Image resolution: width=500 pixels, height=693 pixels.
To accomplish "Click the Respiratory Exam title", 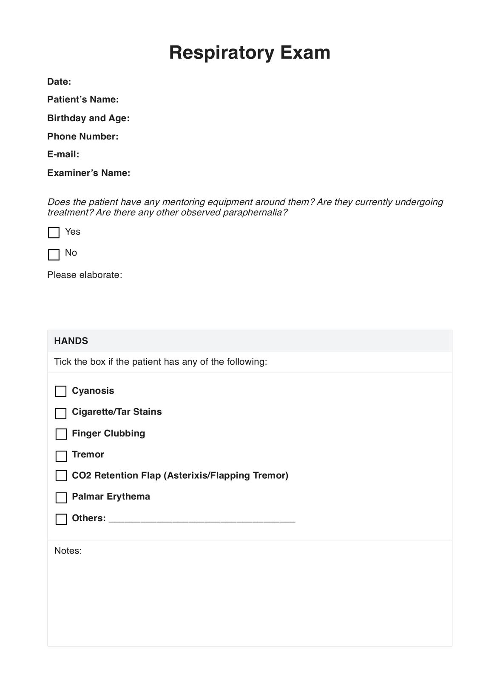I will click(250, 53).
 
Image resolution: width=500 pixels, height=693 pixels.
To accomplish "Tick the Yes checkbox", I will click(54, 233).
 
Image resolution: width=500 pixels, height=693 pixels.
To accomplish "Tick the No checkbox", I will click(54, 255).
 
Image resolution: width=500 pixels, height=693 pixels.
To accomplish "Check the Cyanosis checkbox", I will click(61, 391).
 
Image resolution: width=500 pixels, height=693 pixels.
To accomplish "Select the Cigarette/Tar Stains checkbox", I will click(61, 413).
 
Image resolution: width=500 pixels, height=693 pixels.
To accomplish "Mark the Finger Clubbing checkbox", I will click(61, 434).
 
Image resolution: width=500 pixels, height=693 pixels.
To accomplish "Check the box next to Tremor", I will click(61, 456).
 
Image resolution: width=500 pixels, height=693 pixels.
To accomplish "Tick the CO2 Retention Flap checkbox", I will click(61, 476).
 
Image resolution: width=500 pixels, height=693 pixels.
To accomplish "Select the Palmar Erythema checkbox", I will click(61, 497).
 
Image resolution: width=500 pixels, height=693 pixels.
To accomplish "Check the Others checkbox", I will click(61, 519).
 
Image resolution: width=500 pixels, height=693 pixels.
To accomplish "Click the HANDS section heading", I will click(71, 341).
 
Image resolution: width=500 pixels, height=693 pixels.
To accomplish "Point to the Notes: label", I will click(68, 551).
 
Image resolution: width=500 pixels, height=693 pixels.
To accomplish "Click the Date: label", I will click(59, 82).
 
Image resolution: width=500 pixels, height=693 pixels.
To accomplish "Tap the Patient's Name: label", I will click(83, 99).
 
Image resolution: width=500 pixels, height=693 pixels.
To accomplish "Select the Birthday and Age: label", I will click(88, 118).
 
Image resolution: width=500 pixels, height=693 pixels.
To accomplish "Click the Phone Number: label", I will click(83, 136).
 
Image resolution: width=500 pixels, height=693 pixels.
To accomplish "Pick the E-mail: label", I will click(63, 154).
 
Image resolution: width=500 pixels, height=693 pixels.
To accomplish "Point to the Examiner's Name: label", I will click(89, 173).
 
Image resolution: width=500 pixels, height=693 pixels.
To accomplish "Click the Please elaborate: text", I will click(85, 275).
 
